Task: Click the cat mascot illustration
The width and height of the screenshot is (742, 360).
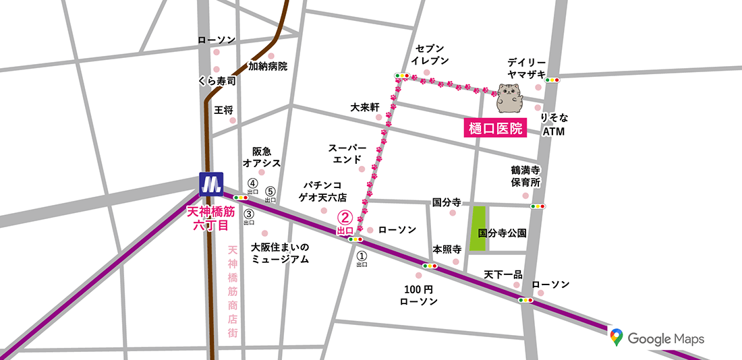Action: pos(509,98)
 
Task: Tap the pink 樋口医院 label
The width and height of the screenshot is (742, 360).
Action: pos(496,128)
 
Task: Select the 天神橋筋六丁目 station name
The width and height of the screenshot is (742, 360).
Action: pos(210,218)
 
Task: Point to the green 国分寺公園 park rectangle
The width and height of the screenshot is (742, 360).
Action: pos(478,229)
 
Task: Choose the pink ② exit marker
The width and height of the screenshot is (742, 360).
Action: pos(345,218)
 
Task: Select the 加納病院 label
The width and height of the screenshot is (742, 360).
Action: pos(268,66)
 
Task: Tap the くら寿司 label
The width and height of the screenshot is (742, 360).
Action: pos(217,80)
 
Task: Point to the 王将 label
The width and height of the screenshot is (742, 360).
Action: pos(223,109)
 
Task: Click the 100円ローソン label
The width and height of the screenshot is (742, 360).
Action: pos(419,295)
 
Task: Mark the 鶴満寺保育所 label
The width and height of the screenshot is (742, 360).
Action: pos(525,177)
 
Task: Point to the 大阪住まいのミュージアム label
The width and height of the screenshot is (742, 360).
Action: pos(279,253)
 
